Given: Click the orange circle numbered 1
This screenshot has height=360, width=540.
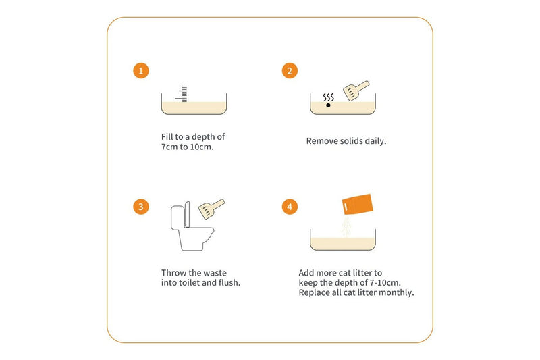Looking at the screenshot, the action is (x=141, y=71).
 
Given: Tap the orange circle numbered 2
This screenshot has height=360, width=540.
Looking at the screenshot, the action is (x=290, y=71).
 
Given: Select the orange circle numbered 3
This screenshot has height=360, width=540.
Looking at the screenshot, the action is (x=141, y=207).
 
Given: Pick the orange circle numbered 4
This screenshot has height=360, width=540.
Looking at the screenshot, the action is (x=290, y=207).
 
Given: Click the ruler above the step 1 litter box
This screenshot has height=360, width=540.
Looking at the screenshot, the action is (x=183, y=94).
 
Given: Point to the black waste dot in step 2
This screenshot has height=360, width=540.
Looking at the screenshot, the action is (x=328, y=105).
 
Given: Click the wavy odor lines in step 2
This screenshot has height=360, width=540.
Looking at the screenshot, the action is (x=329, y=97).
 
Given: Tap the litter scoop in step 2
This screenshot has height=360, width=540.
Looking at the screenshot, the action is (x=356, y=91).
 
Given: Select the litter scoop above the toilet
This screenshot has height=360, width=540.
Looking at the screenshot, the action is (x=211, y=209).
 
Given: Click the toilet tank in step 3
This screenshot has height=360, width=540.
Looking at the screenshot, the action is (x=178, y=217).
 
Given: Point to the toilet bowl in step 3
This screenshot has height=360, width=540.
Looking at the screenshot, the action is (x=196, y=238).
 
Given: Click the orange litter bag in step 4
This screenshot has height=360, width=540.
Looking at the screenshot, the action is (x=358, y=204).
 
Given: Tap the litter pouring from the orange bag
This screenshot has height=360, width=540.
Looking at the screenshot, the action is (x=346, y=226).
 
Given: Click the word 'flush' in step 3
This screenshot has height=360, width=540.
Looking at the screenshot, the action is (x=230, y=282).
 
